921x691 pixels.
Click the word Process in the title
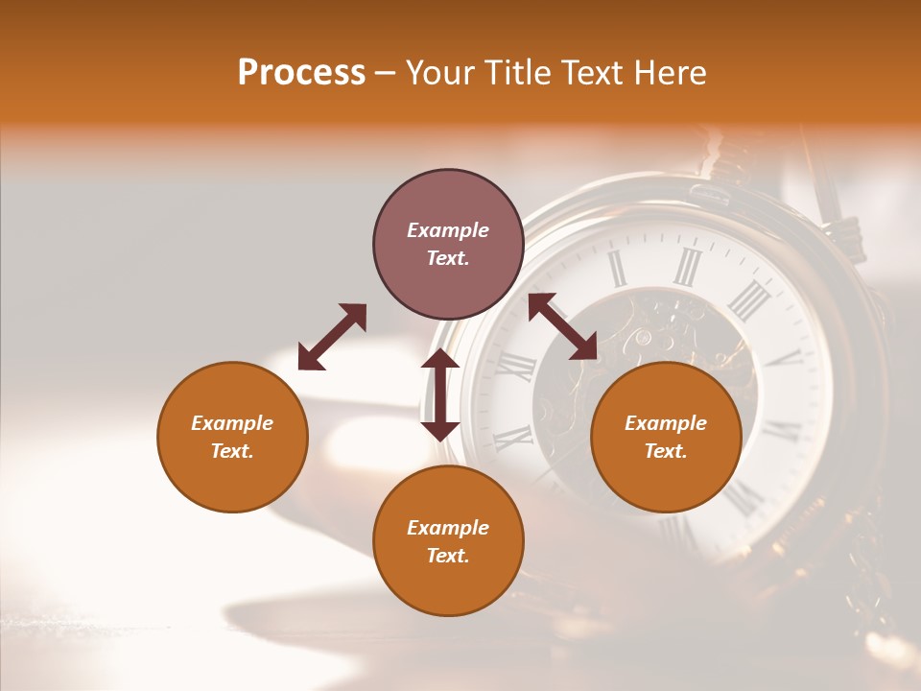[301, 73]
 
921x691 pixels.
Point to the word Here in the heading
[671, 73]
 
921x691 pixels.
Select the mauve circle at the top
[448, 245]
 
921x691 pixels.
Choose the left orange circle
[232, 437]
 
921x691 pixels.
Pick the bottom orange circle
[448, 540]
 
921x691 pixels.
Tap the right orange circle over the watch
[666, 437]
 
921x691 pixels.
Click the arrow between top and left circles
[332, 337]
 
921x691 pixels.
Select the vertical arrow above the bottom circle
[440, 394]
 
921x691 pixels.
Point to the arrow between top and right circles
[562, 326]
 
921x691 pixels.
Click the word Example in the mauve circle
[448, 230]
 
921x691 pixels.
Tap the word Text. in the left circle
[232, 451]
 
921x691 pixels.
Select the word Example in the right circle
[666, 423]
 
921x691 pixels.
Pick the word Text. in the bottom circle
[448, 556]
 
